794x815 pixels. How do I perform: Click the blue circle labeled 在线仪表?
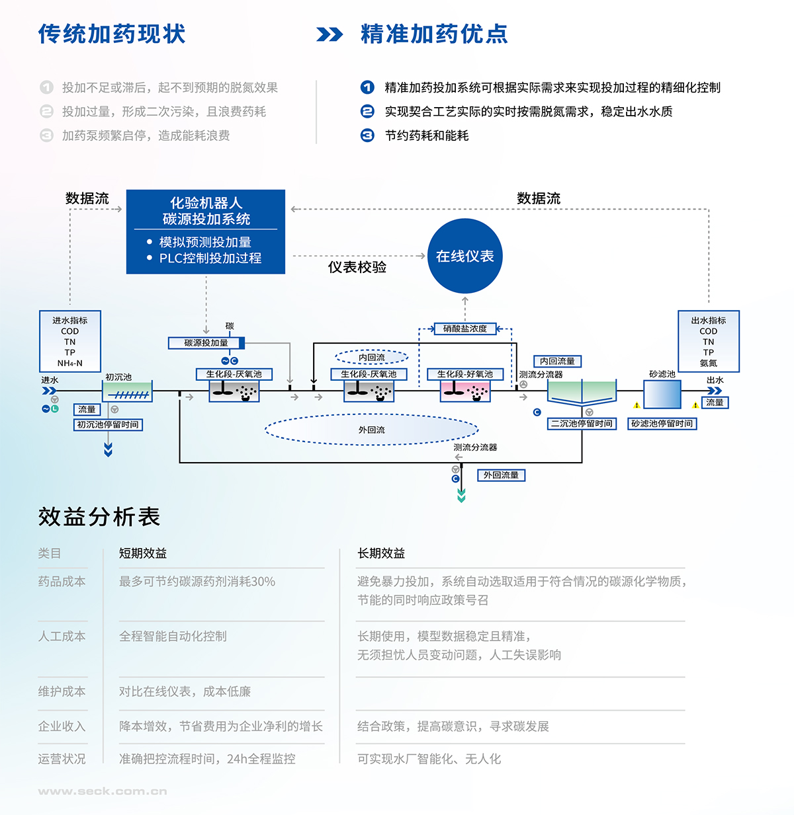tap(465, 256)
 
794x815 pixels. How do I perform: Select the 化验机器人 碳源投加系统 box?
tap(206, 231)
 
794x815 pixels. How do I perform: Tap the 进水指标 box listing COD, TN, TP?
tap(70, 341)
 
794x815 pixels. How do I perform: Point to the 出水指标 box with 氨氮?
tap(709, 341)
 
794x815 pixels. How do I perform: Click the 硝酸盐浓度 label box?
tap(465, 329)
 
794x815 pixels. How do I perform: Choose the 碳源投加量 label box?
tap(206, 342)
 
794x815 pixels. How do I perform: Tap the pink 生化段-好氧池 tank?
tap(465, 391)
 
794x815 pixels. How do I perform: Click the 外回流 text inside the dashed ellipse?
tap(372, 430)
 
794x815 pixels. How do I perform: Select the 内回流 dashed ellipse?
tap(372, 358)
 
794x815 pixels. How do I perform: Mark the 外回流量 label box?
tap(501, 475)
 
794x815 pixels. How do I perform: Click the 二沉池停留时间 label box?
tap(582, 424)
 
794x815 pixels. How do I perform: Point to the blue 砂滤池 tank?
tap(662, 395)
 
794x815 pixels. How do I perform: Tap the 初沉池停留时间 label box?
tap(108, 424)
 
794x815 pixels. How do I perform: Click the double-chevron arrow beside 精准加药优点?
tap(330, 34)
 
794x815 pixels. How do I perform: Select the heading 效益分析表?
tap(99, 517)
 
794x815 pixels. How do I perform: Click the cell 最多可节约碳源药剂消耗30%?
tap(197, 582)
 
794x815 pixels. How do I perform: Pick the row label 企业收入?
tap(62, 726)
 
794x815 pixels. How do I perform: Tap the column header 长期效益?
tap(381, 553)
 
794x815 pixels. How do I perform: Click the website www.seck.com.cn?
tap(103, 791)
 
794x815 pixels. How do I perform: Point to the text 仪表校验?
tap(357, 267)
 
